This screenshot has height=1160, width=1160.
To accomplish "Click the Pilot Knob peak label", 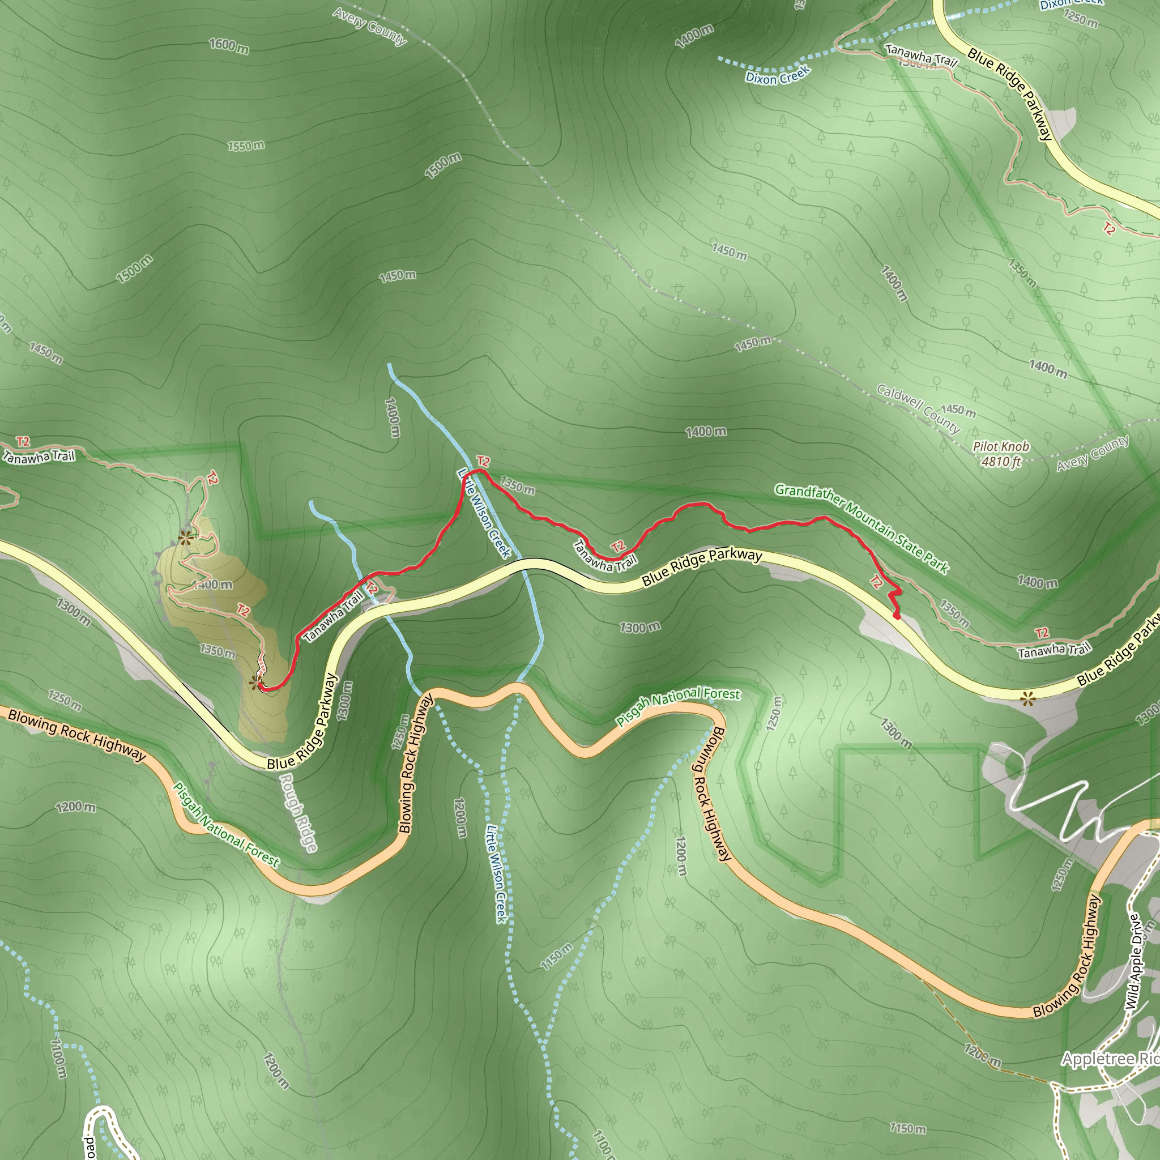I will pyautogui.click(x=1001, y=447).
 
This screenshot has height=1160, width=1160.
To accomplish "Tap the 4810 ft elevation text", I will pyautogui.click(x=1001, y=462).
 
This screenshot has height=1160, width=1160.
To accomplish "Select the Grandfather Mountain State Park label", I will pyautogui.click(x=861, y=528).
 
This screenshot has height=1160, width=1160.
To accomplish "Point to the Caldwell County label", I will pyautogui.click(x=918, y=409).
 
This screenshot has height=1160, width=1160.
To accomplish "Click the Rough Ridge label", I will pyautogui.click(x=298, y=812).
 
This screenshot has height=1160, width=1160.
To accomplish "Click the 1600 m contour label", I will pyautogui.click(x=229, y=45).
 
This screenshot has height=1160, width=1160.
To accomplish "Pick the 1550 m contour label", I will pyautogui.click(x=246, y=146).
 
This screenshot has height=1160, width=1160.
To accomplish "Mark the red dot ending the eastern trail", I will pyautogui.click(x=897, y=616).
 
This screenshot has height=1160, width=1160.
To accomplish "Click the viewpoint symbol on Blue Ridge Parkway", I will pyautogui.click(x=1028, y=698).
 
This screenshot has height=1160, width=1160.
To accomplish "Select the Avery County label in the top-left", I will pyautogui.click(x=370, y=26).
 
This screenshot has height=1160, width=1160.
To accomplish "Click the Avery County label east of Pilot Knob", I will pyautogui.click(x=1093, y=453).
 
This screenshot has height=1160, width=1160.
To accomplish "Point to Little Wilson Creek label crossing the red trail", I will pyautogui.click(x=484, y=513).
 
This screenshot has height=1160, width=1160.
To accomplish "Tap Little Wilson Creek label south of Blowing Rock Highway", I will pyautogui.click(x=497, y=873).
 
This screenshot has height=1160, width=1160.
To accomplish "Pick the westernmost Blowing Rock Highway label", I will pyautogui.click(x=77, y=734).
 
